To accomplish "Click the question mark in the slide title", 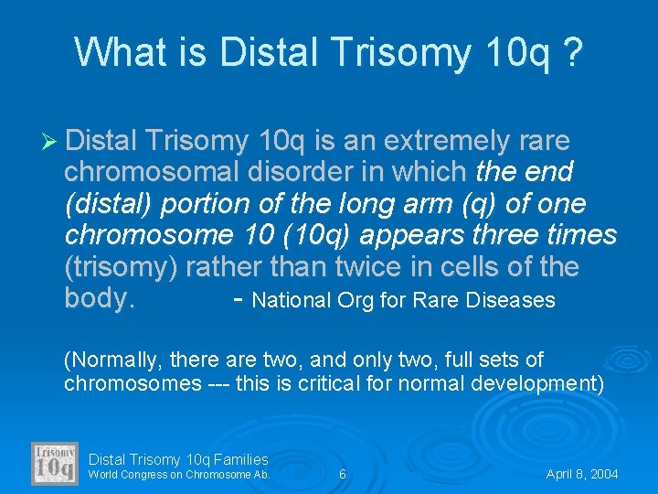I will pyautogui.click(x=571, y=52).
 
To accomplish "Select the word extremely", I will pyautogui.click(x=452, y=141).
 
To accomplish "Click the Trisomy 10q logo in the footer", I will pyautogui.click(x=55, y=463).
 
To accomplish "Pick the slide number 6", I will pyautogui.click(x=342, y=475).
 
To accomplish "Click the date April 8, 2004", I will pyautogui.click(x=582, y=475).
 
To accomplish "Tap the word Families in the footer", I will pyautogui.click(x=239, y=459).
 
